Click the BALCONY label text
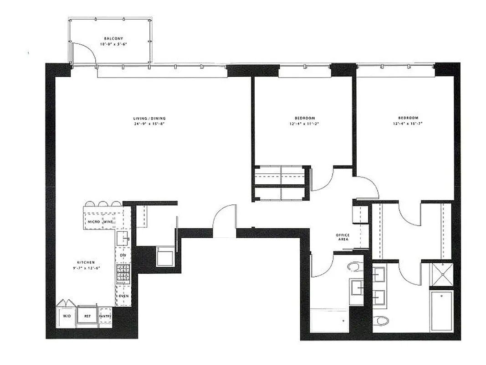[x=113, y=39]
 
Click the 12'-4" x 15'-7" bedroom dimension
[x=405, y=123]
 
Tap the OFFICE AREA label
[x=343, y=237]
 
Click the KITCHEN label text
[x=86, y=262]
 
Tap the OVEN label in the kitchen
[x=124, y=296]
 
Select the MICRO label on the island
[x=94, y=222]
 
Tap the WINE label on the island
[x=108, y=222]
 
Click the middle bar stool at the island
[x=103, y=204]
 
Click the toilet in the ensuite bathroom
[x=381, y=320]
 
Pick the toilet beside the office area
[x=354, y=266]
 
